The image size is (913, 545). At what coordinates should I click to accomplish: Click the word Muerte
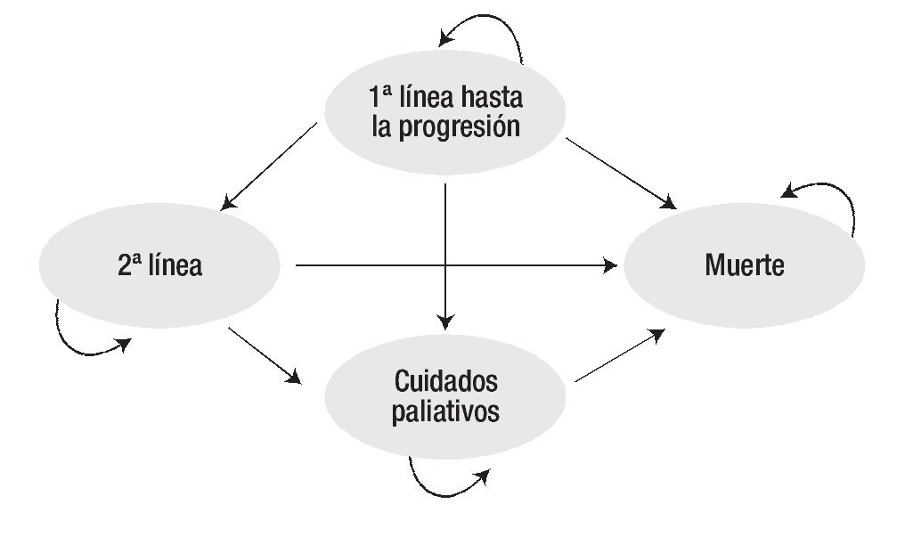pyautogui.click(x=745, y=265)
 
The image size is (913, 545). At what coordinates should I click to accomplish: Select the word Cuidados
pyautogui.click(x=445, y=383)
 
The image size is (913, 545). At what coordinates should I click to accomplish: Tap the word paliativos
pyautogui.click(x=445, y=412)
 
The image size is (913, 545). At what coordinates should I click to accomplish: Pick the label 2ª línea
pyautogui.click(x=160, y=265)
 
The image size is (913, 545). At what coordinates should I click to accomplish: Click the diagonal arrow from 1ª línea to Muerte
pyautogui.click(x=620, y=173)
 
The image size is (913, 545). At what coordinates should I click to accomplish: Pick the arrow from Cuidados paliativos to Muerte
pyautogui.click(x=620, y=355)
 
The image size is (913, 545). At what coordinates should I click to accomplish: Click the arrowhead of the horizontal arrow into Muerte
pyautogui.click(x=612, y=264)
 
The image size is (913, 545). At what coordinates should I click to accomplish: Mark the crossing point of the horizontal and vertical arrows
pyautogui.click(x=444, y=264)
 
